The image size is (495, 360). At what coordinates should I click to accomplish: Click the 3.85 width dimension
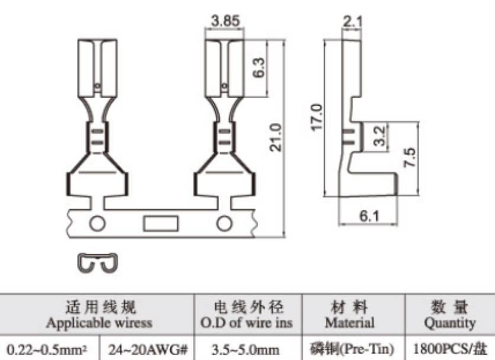226,21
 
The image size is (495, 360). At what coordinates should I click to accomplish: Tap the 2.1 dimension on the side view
353,21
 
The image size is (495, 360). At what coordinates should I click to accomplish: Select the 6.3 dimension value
259,68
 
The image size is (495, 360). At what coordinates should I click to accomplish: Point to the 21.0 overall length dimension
275,137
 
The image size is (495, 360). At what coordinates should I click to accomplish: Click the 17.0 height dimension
316,117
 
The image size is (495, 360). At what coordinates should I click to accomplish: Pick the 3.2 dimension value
379,136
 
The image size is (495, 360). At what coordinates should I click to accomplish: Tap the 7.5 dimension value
410,157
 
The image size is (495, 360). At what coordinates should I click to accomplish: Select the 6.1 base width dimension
369,216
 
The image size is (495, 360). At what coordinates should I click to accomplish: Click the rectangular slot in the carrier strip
161,223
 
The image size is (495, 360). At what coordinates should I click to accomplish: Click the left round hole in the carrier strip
97,223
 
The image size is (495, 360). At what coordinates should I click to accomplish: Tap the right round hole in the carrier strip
224,223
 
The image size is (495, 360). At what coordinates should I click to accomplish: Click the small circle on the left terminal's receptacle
98,86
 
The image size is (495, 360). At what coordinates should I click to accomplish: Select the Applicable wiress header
99,323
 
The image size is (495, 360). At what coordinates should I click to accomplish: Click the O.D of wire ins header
246,323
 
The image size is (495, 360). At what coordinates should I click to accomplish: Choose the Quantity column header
450,323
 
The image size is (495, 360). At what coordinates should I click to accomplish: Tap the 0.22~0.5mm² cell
47,349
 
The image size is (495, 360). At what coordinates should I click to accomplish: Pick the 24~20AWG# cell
148,349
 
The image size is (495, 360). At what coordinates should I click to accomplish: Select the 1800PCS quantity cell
449,349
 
